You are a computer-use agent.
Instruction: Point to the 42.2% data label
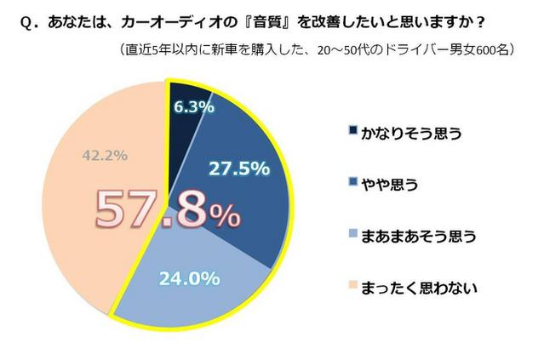click(105, 155)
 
